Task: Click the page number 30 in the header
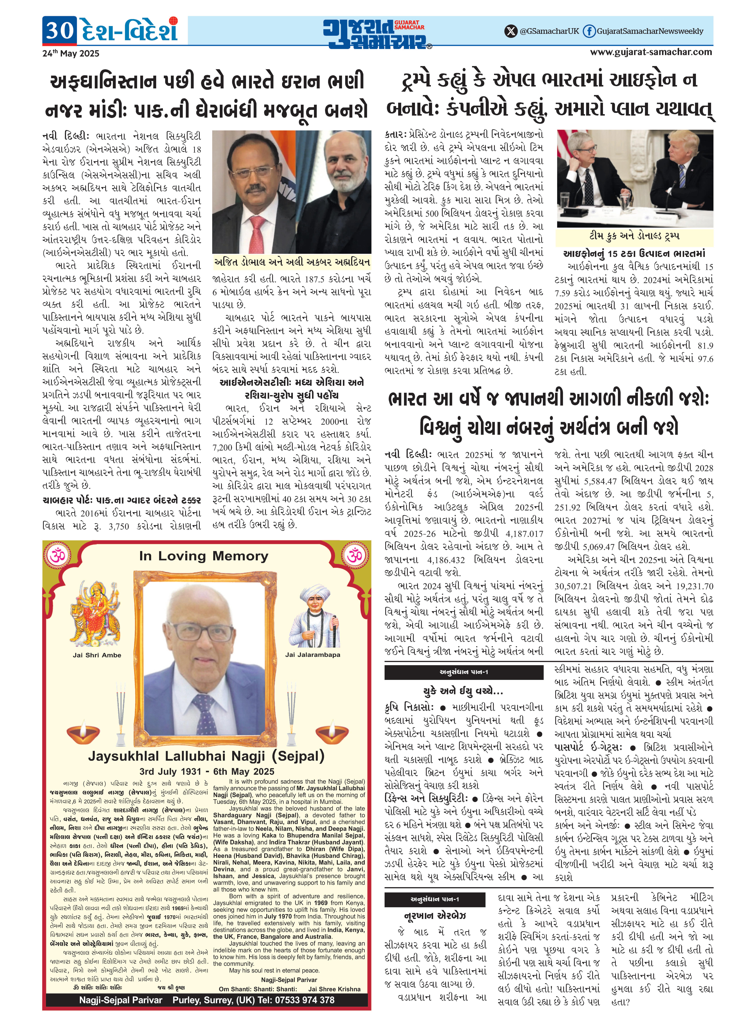[x=60, y=30]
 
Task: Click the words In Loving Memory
[x=204, y=556]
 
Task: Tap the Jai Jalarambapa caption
[x=313, y=655]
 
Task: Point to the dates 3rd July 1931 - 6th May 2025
[x=207, y=771]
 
